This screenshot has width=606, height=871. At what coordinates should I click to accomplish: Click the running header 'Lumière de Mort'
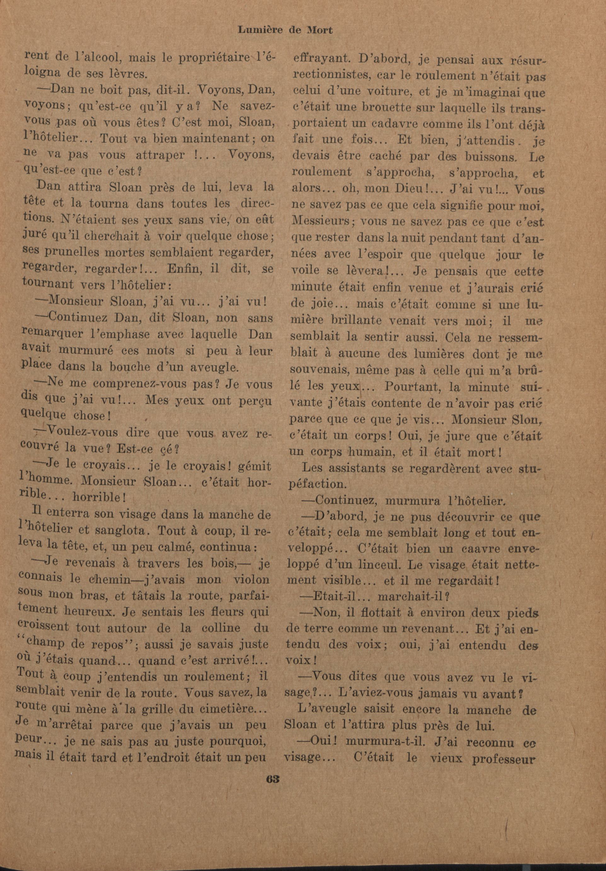click(x=285, y=30)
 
